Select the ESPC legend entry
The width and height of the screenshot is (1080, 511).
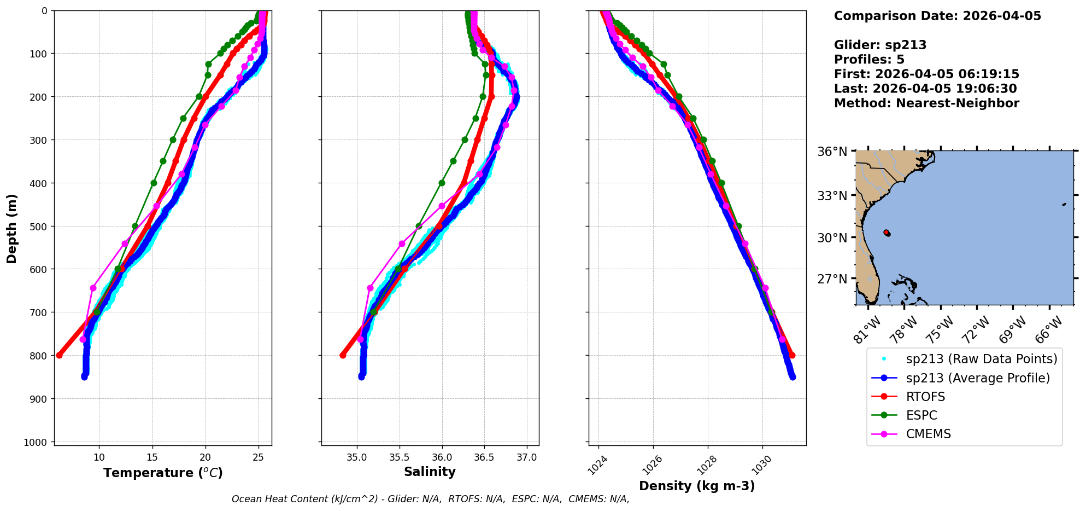[921, 415]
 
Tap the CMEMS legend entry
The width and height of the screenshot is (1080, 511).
[928, 434]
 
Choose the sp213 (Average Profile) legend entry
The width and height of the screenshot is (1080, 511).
[978, 378]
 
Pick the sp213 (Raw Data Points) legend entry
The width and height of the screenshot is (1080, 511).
[982, 359]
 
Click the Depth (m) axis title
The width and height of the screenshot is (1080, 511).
[12, 228]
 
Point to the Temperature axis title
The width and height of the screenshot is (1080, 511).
[163, 473]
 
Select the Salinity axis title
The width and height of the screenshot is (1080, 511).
[430, 472]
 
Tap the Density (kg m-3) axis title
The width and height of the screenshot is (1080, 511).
[697, 486]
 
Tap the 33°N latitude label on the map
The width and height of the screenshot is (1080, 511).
[832, 195]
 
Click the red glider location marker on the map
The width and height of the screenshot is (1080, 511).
[887, 233]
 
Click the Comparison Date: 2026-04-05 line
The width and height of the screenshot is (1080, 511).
[937, 16]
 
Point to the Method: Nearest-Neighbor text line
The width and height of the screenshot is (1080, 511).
[926, 103]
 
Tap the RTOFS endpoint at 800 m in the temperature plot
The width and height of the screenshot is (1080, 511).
[60, 355]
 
